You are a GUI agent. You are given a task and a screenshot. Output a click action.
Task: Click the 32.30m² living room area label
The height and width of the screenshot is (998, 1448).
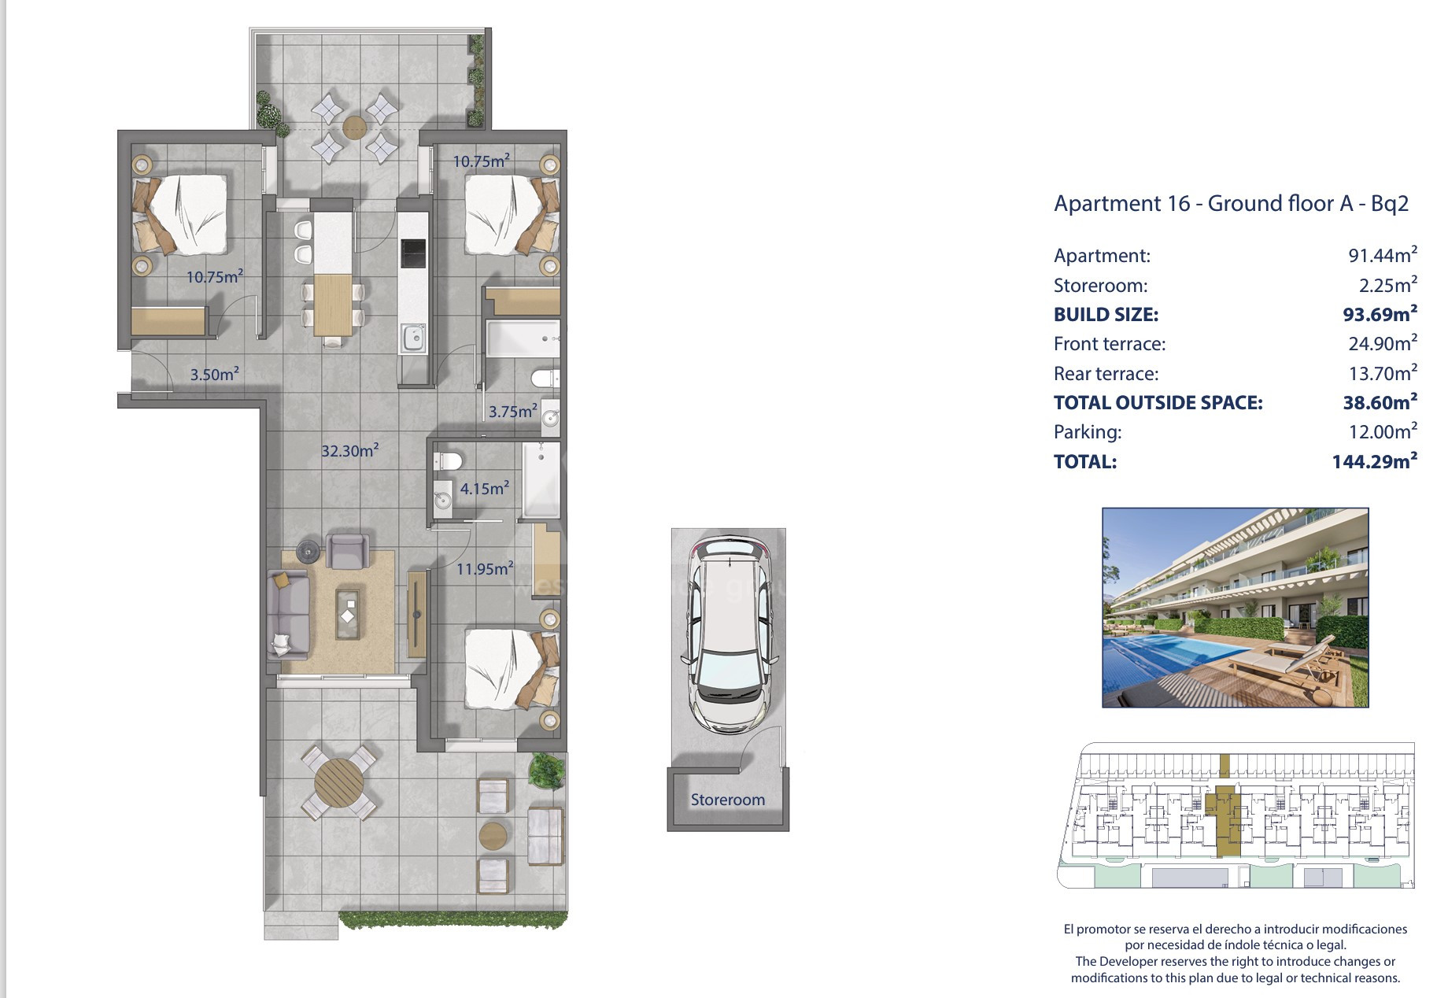click(350, 450)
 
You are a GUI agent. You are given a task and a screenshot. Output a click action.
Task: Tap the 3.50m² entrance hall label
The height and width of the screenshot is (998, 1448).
click(215, 374)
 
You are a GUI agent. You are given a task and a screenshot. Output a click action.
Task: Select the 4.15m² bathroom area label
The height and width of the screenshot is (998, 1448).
click(485, 488)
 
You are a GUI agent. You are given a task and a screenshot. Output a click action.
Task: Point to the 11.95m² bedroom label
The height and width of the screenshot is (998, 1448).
click(485, 567)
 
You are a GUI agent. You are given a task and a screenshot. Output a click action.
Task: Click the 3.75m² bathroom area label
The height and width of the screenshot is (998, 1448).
click(513, 411)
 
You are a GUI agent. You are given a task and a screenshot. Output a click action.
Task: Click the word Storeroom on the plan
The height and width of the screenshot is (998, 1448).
click(728, 800)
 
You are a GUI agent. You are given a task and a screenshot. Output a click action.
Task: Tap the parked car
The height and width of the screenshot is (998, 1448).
click(728, 635)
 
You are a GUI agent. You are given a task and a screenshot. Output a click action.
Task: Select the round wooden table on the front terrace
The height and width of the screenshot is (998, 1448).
click(339, 782)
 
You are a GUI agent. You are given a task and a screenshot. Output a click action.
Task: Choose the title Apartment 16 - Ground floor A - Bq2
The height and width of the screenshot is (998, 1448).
click(1231, 204)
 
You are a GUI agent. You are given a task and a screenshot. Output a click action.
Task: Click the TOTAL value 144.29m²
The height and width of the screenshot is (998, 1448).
click(1375, 461)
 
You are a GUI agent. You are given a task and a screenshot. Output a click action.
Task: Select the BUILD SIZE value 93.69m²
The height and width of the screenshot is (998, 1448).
click(1380, 314)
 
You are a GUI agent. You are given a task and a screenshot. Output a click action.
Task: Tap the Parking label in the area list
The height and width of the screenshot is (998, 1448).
click(1088, 432)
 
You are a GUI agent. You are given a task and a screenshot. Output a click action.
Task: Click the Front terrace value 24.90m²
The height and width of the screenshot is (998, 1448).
click(1383, 344)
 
